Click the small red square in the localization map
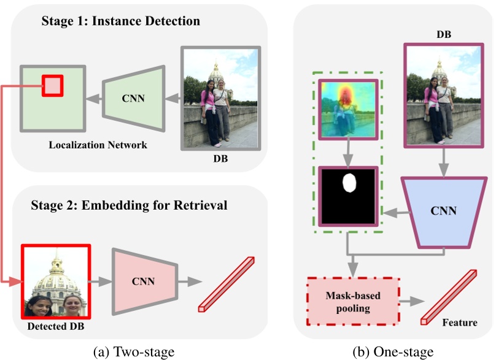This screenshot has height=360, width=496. click(53, 86)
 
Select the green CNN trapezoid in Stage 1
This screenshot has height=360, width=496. click(134, 98)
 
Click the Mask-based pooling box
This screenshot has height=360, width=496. click(353, 302)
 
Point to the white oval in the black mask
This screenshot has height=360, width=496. click(349, 183)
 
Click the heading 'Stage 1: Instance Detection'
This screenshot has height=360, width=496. click(121, 21)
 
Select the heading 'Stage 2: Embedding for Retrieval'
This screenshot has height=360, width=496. click(129, 205)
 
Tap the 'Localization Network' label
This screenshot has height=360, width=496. click(98, 145)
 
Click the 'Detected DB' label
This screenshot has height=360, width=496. click(56, 326)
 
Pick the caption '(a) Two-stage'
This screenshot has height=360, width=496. click(134, 351)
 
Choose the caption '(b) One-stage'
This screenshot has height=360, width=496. click(393, 351)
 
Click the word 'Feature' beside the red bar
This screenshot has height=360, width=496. click(460, 323)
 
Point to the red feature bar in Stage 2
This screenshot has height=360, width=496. click(227, 285)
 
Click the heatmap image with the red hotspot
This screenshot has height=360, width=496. click(348, 109)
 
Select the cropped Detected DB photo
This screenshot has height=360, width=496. click(56, 281)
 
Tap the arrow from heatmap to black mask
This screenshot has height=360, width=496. click(348, 153)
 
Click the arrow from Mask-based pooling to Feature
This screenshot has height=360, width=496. click(412, 302)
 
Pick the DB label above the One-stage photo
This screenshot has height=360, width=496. click(444, 34)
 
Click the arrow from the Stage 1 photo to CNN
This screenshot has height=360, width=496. click(172, 99)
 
